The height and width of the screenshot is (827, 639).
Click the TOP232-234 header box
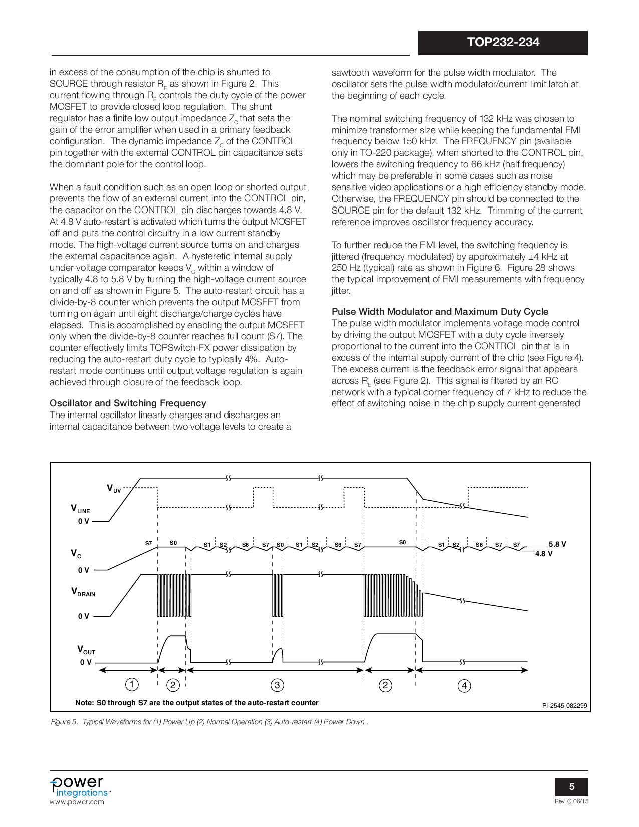[x=503, y=43]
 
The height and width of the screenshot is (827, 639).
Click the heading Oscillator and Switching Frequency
[x=128, y=403]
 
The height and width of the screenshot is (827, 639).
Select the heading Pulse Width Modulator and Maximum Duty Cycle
[x=440, y=312]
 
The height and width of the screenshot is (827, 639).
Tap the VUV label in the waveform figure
[x=114, y=488]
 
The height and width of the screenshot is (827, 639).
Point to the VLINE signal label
[x=80, y=509]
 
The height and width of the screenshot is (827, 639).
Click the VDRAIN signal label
[x=83, y=592]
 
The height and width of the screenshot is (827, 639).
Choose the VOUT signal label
[x=86, y=650]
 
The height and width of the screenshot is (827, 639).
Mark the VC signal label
[x=76, y=553]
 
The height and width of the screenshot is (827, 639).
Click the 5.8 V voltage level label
[x=557, y=544]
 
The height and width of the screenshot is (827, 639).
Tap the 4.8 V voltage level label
[x=544, y=554]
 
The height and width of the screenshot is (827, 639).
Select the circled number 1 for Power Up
[x=131, y=685]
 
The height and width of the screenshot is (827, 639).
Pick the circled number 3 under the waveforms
[x=277, y=685]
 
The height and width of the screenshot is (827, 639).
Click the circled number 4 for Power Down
[x=464, y=686]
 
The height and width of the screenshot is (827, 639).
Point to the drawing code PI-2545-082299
[x=564, y=706]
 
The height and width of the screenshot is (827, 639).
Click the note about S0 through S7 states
[x=197, y=703]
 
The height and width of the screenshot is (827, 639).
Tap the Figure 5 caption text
[x=209, y=722]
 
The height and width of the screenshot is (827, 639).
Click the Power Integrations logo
[x=79, y=787]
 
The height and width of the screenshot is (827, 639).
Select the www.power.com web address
[x=77, y=802]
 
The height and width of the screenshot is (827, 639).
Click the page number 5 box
[x=571, y=787]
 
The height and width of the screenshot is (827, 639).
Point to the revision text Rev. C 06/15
[x=571, y=801]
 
